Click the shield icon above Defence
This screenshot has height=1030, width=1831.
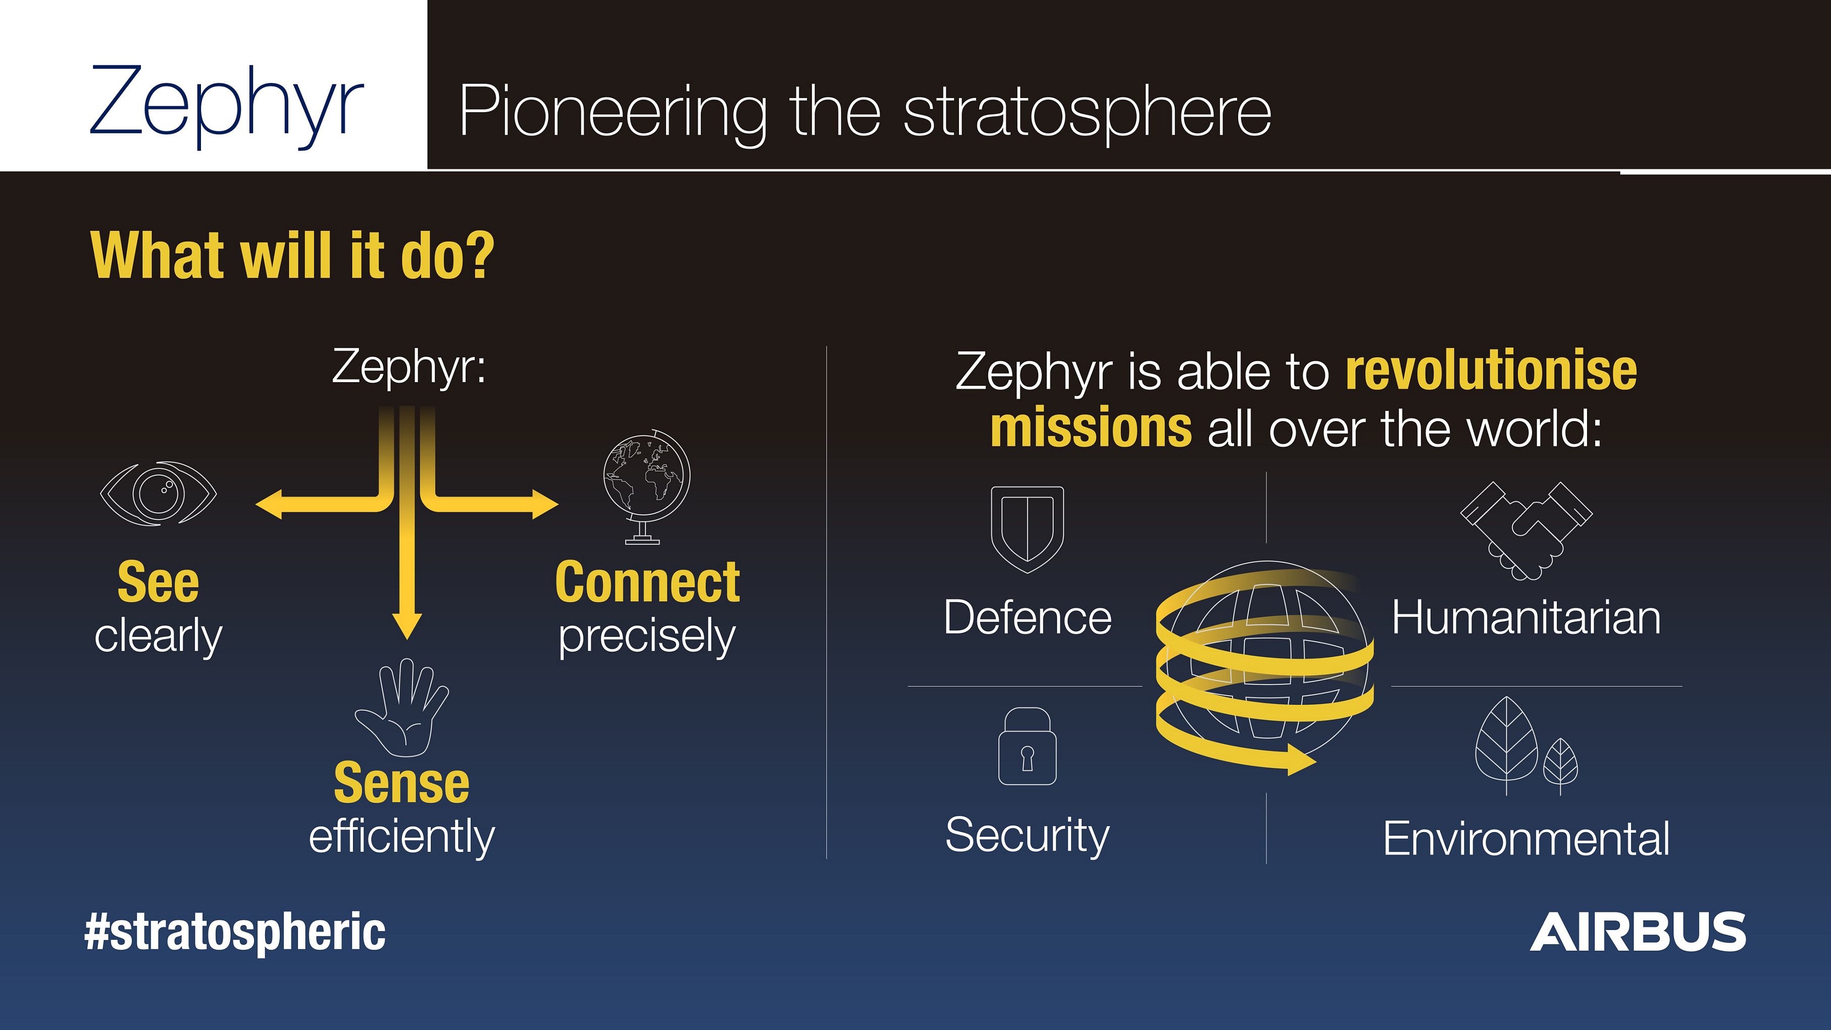tap(1027, 529)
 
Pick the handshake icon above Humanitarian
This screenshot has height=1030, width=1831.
tap(1526, 530)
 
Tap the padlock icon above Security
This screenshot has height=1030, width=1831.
tap(1027, 746)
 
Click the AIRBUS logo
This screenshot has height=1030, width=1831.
tap(1638, 932)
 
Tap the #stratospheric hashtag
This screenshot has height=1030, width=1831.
tap(235, 933)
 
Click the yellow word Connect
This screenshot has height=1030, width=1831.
tap(647, 583)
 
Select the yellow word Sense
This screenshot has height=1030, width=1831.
tap(401, 783)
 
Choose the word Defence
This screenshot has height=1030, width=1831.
tap(1028, 617)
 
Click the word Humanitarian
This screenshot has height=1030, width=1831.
tap(1526, 617)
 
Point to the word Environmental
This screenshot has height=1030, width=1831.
tap(1526, 839)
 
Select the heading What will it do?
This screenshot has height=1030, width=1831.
tap(292, 256)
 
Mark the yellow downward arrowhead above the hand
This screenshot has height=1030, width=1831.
tap(406, 625)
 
